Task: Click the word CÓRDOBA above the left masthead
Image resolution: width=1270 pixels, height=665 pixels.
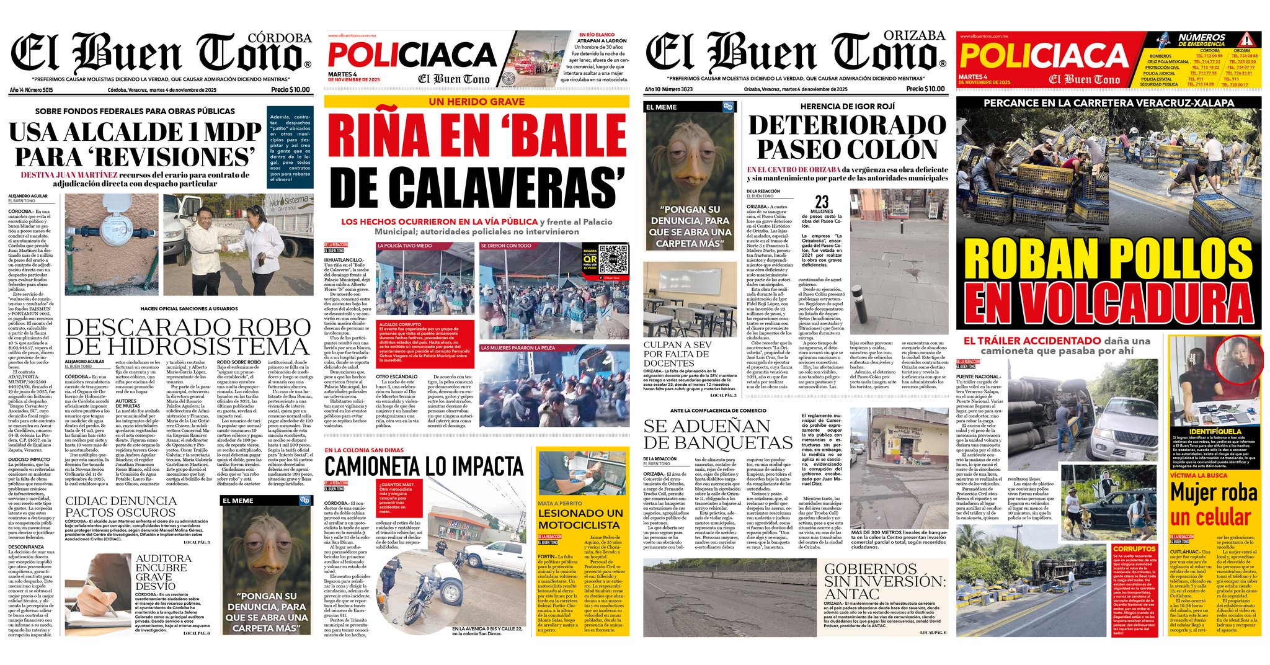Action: pos(279,38)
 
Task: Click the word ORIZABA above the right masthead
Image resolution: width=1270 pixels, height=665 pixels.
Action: pos(914,35)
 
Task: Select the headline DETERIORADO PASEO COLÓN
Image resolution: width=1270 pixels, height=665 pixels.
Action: pos(847,137)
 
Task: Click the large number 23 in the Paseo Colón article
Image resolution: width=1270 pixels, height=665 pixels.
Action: pos(822,202)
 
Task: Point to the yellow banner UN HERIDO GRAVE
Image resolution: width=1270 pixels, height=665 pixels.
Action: pos(476,102)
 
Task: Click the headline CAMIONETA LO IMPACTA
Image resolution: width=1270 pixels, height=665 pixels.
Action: pos(424,466)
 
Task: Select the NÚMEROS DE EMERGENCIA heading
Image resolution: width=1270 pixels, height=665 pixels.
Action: pos(1202,40)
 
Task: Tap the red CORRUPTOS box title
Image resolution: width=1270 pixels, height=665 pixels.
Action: pos(1134,549)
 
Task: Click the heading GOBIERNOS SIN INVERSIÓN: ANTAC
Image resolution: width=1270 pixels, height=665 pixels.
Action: pos(885,581)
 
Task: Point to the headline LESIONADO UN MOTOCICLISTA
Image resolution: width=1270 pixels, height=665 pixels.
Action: pos(580,519)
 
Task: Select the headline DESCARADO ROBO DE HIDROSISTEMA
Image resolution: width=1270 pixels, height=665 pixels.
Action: pos(188,336)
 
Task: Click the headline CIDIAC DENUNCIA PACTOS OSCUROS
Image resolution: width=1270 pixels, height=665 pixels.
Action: pos(121,506)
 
